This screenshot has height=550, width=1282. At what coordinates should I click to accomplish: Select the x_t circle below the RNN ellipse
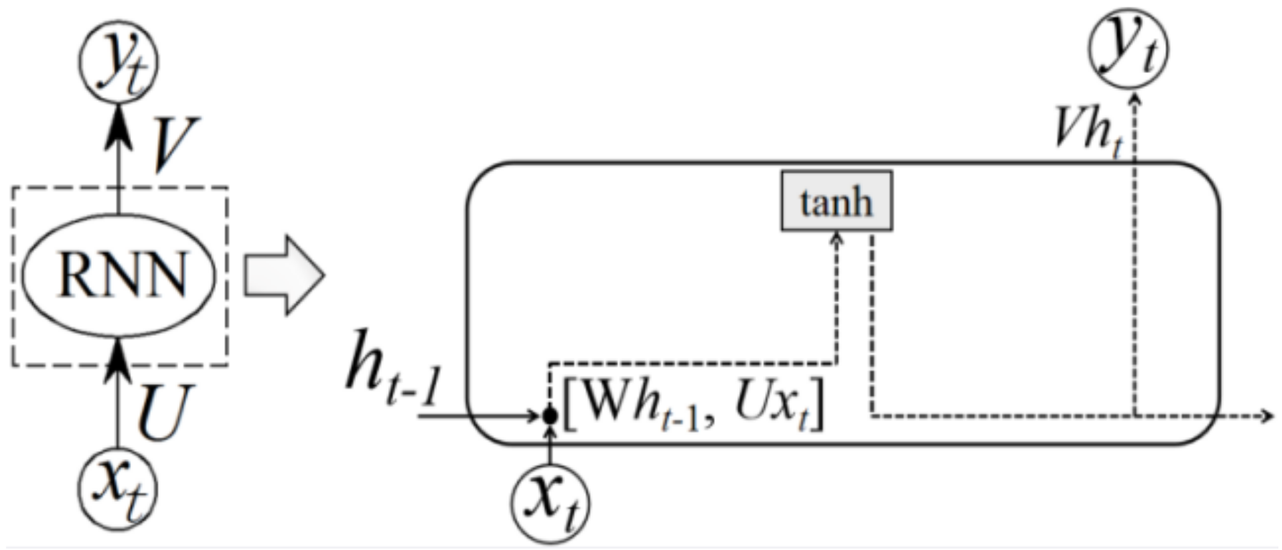coord(117,490)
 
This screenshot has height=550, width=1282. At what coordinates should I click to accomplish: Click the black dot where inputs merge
coord(549,415)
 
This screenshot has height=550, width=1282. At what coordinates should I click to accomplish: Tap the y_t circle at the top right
coord(1127,49)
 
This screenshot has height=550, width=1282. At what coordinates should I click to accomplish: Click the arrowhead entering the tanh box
coord(836,238)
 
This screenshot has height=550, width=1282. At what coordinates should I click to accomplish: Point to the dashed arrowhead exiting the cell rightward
coord(1268,415)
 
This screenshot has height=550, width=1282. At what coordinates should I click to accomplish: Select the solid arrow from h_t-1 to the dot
coord(476,415)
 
